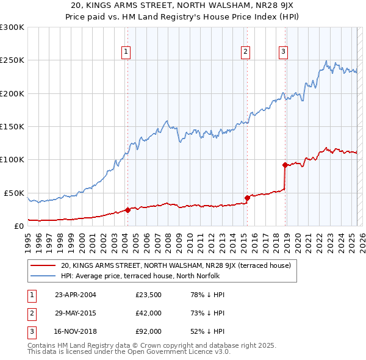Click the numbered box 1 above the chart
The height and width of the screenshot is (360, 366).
(x=126, y=52)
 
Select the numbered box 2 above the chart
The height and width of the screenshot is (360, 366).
(x=245, y=52)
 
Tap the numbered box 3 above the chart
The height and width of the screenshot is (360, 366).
(x=284, y=52)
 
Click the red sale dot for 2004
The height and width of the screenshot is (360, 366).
(x=127, y=210)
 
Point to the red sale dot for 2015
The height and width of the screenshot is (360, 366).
(x=247, y=198)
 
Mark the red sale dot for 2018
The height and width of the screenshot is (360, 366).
(x=285, y=165)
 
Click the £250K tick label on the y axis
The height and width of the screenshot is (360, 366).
(x=12, y=60)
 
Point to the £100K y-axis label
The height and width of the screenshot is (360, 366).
(x=12, y=160)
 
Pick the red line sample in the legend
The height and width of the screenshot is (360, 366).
(x=43, y=266)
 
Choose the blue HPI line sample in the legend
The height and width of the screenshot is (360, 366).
(x=43, y=276)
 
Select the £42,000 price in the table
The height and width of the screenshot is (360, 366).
(x=148, y=313)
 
